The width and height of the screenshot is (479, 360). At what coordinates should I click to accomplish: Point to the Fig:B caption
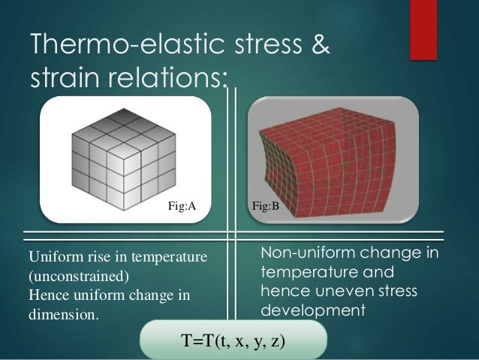(x=265, y=204)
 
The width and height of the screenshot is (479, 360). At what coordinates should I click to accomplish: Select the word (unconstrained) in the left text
(x=78, y=275)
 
